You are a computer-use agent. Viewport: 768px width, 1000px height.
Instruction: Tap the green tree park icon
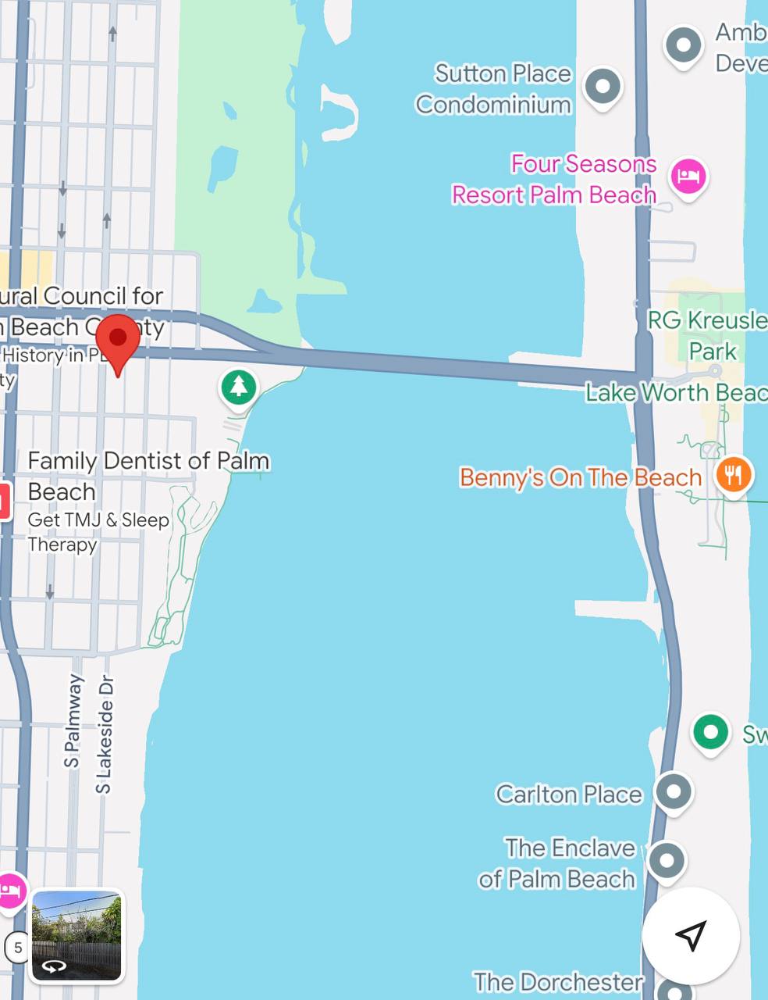[x=239, y=387]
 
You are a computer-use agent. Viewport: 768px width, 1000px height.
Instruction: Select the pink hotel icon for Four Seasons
[x=688, y=176]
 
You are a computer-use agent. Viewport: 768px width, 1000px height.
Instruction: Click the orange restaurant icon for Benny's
[x=733, y=474]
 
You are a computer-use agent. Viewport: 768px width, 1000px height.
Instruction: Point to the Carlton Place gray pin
[x=673, y=791]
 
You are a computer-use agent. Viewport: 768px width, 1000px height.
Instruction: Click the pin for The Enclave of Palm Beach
[x=667, y=861]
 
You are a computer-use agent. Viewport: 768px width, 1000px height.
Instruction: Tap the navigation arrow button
[x=691, y=935]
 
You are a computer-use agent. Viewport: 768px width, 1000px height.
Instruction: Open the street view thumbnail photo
[x=76, y=934]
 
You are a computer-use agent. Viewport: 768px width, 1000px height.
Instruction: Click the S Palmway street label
[x=73, y=720]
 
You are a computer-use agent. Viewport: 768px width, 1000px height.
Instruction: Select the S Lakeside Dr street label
[x=104, y=734]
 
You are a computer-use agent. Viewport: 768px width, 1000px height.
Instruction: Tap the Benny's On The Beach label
[x=580, y=477]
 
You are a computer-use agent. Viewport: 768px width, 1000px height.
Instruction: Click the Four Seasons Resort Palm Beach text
[x=554, y=179]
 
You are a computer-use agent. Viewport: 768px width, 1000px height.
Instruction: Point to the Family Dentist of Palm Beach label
[x=148, y=476]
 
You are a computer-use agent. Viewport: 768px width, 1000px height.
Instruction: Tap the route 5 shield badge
[x=17, y=948]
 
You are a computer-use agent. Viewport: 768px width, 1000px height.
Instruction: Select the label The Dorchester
[x=558, y=982]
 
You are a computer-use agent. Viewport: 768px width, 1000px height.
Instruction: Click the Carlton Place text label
[x=569, y=795]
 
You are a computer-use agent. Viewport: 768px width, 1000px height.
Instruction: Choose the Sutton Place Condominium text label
[x=494, y=88]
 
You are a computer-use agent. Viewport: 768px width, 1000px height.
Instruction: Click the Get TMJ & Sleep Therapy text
[x=98, y=531]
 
